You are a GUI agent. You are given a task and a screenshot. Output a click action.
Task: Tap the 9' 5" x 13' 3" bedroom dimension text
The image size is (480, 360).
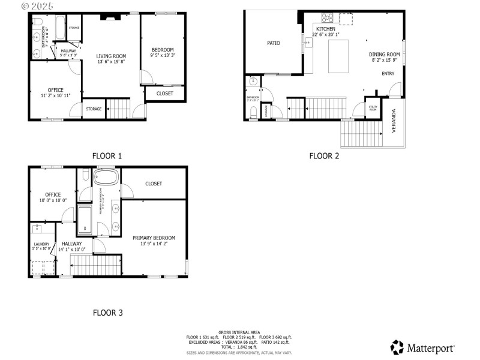(x=163, y=56)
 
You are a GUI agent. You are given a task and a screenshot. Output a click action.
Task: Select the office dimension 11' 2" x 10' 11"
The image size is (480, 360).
(x=55, y=95)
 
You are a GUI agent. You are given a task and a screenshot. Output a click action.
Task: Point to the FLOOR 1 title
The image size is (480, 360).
(x=107, y=156)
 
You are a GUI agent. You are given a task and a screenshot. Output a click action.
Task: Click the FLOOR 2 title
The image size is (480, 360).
(x=324, y=156)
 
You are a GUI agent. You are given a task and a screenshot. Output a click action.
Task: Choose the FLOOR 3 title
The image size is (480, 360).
(x=107, y=313)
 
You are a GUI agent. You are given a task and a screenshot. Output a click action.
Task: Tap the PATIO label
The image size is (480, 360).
(x=274, y=43)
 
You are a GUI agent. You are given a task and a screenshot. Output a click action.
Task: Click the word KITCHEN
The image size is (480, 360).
(x=326, y=29)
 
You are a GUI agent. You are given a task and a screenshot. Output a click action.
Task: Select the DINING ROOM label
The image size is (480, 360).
(x=384, y=54)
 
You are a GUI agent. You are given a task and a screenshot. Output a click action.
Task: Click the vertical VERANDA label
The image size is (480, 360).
(x=394, y=120)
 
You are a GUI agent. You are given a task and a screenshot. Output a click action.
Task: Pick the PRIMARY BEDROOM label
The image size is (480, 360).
(x=154, y=238)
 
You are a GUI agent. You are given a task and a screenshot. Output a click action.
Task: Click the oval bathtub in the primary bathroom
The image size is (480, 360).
(x=106, y=178)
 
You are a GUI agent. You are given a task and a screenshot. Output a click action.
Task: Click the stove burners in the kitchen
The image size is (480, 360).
(x=328, y=17)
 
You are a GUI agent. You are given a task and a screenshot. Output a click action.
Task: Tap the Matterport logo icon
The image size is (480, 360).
(x=397, y=347)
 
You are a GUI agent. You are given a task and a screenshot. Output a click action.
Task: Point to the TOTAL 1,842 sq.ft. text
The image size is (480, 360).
(x=239, y=347)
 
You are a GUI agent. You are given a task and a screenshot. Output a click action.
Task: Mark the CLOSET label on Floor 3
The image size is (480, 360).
(x=153, y=184)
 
